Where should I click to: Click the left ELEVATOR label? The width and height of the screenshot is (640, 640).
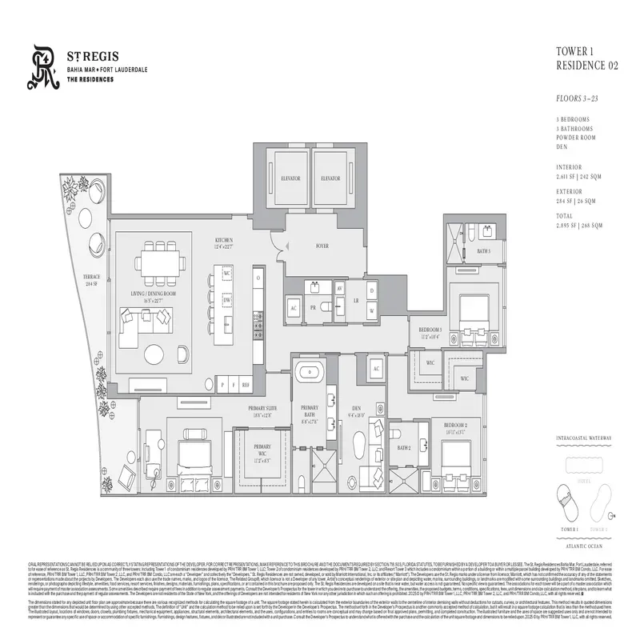(286, 179)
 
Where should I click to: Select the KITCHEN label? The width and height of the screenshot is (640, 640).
(222, 242)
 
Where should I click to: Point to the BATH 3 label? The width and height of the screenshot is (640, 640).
(483, 251)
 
